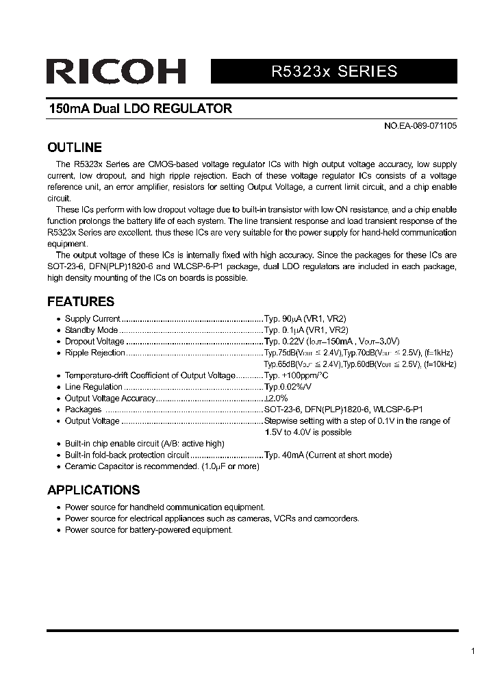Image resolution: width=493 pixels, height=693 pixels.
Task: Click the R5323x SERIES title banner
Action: click(334, 71)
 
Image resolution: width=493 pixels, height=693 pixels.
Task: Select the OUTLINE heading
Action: click(75, 148)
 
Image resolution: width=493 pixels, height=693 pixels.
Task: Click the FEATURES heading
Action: click(81, 302)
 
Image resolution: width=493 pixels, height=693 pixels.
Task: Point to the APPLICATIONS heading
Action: click(94, 490)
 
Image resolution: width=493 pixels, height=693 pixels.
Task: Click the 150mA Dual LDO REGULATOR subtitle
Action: click(140, 109)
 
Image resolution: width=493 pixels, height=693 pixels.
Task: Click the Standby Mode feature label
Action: click(92, 330)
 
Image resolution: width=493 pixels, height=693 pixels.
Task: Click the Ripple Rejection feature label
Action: click(95, 353)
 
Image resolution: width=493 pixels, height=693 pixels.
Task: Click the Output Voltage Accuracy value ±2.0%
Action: click(277, 398)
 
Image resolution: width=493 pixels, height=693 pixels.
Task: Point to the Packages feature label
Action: click(83, 409)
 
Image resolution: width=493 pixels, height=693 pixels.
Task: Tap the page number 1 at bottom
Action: click(473, 651)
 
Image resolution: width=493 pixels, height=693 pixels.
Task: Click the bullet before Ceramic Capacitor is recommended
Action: click(58, 466)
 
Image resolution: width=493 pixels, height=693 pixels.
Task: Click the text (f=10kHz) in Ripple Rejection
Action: click(439, 364)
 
